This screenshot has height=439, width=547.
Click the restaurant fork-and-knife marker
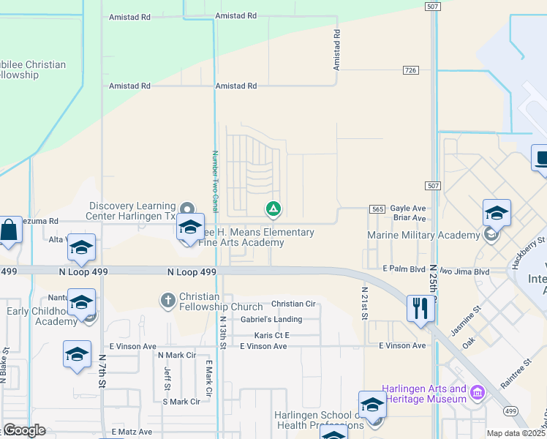(x=420, y=308)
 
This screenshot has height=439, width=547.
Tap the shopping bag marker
(x=10, y=230)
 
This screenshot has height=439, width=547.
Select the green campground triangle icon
(x=273, y=210)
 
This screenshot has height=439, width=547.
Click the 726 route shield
(x=410, y=70)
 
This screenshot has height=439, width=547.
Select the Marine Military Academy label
(x=424, y=235)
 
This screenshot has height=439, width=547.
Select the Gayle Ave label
(x=408, y=208)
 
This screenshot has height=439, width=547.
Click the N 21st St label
(x=363, y=301)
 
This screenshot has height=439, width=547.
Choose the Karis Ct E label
(x=272, y=335)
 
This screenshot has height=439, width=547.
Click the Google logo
(x=25, y=430)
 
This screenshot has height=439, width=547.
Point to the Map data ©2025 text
(x=515, y=433)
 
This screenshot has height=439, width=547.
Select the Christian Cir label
(x=293, y=304)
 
